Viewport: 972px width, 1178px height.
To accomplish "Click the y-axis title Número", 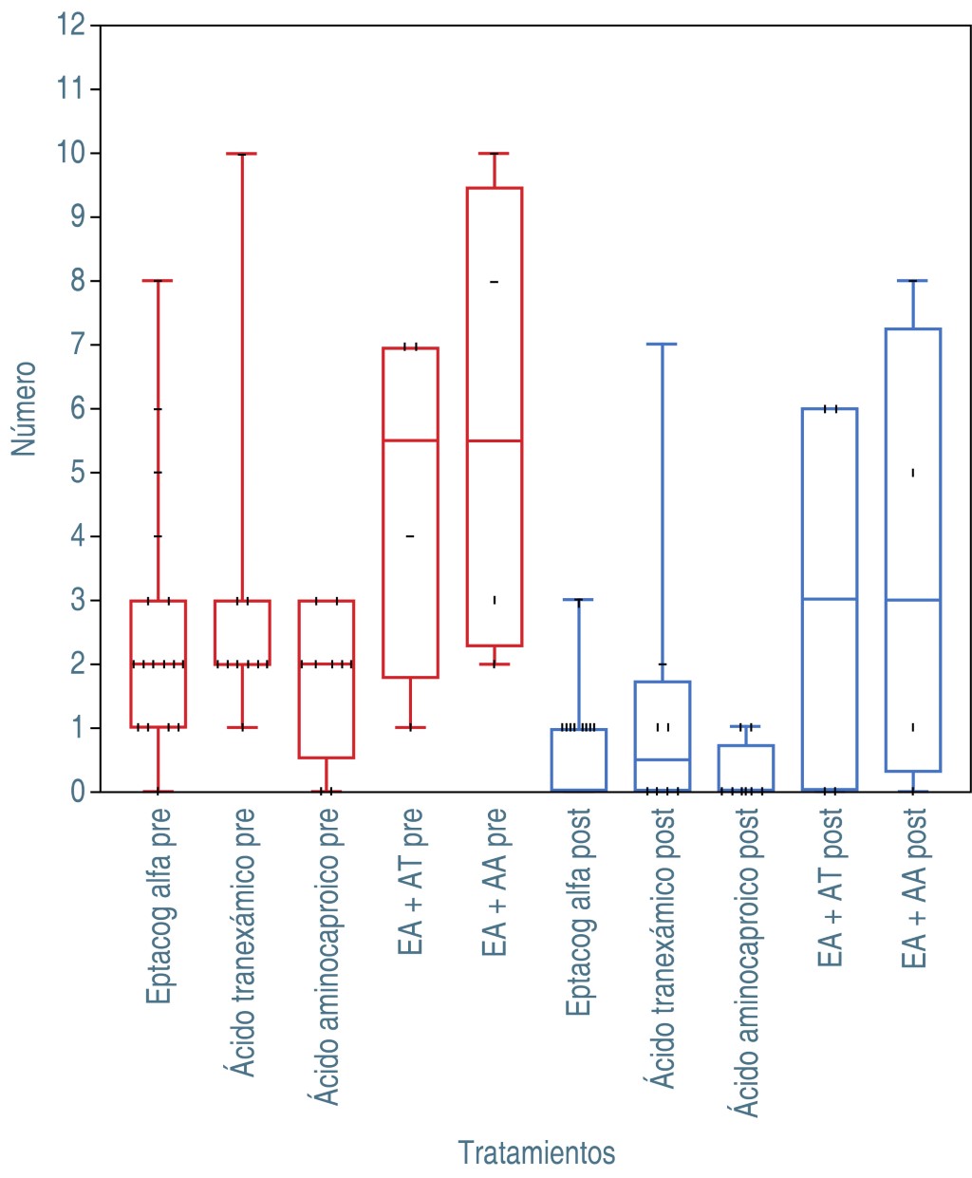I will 24,408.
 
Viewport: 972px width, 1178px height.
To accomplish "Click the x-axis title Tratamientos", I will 536,1152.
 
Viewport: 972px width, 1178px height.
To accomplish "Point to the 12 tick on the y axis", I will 71,25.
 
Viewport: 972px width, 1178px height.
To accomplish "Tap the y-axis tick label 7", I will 77,345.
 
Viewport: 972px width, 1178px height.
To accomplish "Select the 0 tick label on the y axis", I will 77,792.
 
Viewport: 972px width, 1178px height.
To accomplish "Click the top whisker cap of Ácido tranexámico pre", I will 242,154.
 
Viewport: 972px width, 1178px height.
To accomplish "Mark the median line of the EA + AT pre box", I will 410,440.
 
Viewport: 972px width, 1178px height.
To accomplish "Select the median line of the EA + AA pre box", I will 495,440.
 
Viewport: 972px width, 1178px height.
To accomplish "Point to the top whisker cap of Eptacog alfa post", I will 578,600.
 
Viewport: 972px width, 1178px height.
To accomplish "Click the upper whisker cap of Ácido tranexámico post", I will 662,345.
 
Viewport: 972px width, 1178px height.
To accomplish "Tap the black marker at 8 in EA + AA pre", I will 495,282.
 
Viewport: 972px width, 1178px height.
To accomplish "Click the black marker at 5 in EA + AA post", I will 913,473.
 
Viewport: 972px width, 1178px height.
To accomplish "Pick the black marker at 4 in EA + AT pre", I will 410,536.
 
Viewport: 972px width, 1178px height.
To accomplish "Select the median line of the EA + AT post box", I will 830,599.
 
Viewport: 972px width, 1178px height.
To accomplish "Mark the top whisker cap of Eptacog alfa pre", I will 158,281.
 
